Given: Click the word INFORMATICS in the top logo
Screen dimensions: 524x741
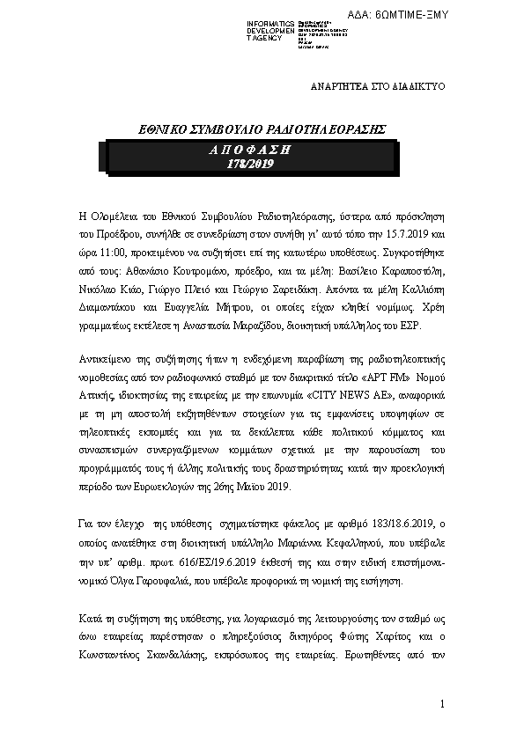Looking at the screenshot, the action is point(270,23).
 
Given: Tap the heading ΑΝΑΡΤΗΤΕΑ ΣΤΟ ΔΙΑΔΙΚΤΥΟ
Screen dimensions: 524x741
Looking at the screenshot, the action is point(380,88).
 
